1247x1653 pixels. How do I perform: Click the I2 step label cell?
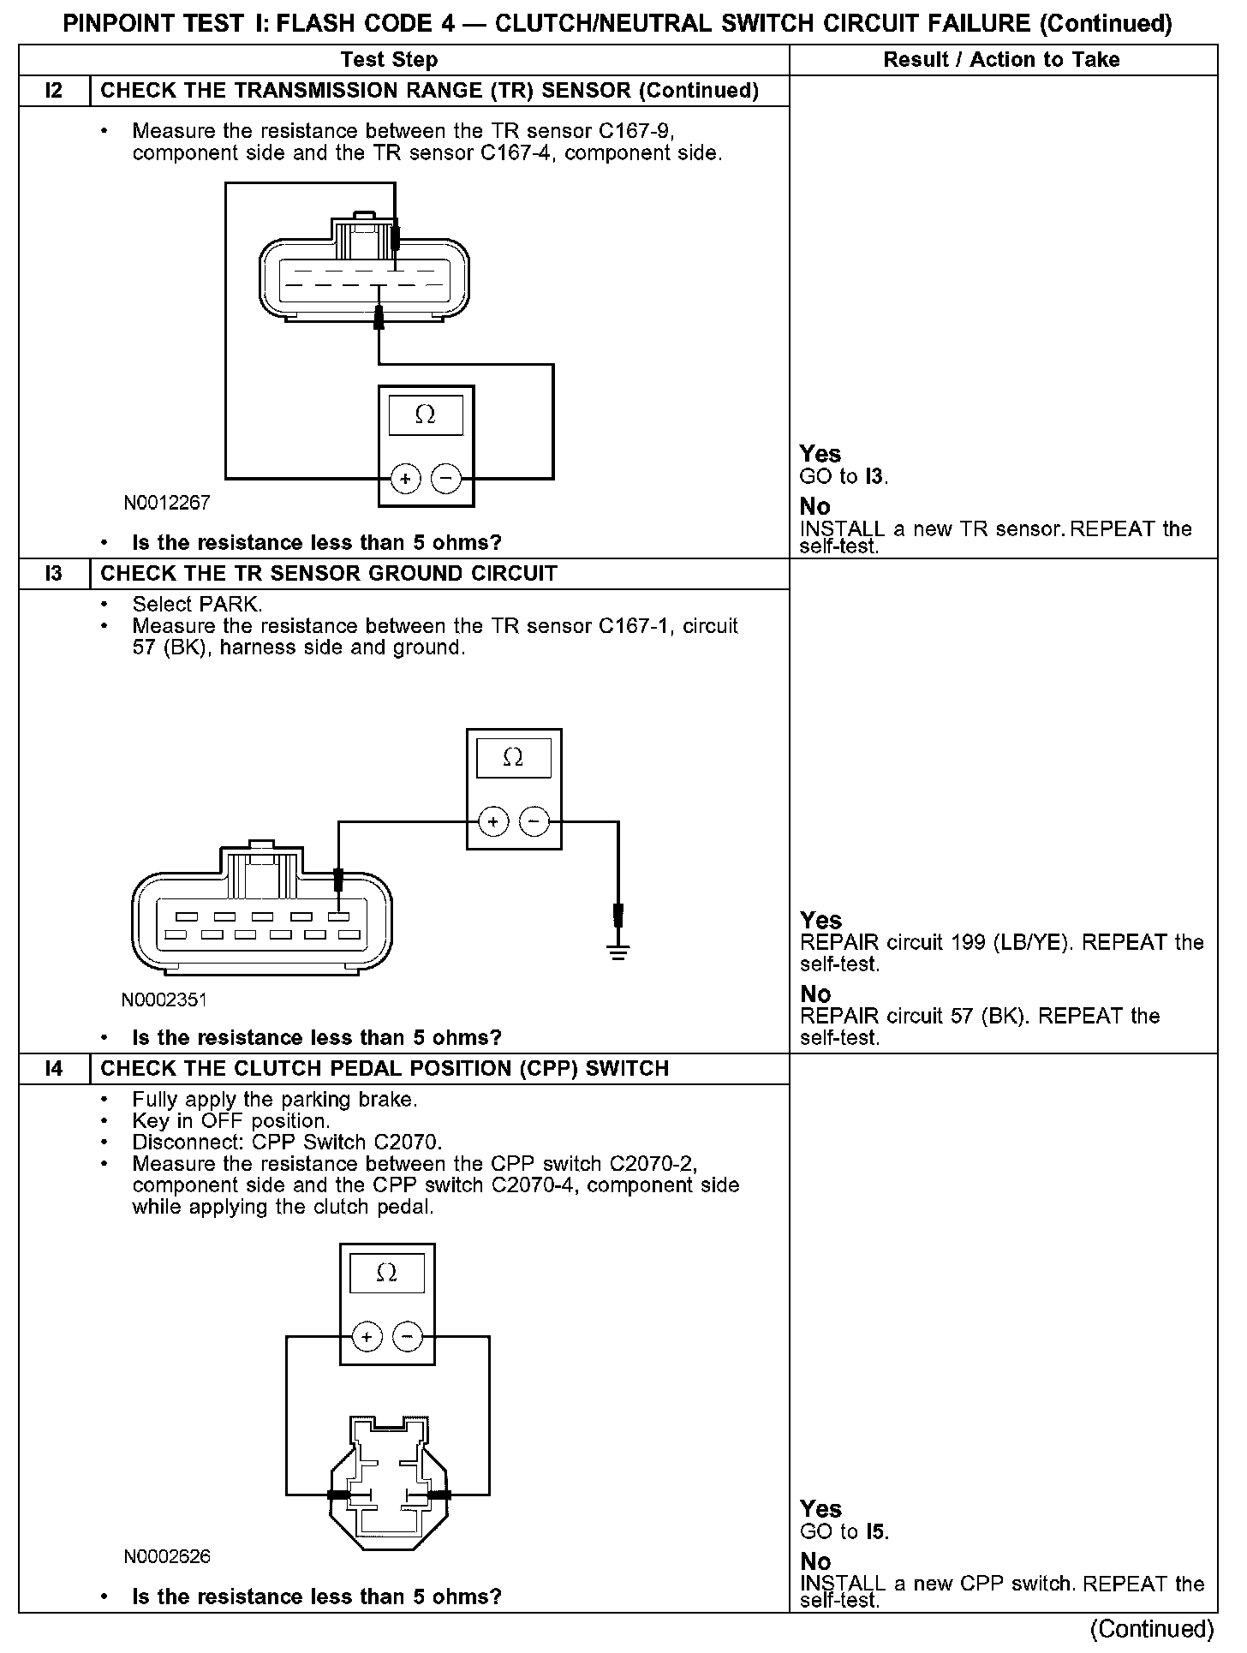pos(54,91)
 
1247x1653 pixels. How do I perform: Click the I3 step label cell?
pos(54,574)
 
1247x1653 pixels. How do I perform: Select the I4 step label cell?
pos(54,1069)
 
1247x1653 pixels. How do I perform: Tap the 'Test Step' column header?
pos(389,60)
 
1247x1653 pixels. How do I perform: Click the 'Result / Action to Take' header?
pos(1001,60)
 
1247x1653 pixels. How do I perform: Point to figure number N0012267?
pos(167,503)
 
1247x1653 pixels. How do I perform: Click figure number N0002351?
pos(164,1000)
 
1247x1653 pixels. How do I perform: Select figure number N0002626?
pos(167,1556)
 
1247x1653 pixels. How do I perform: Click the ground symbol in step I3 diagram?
pos(618,951)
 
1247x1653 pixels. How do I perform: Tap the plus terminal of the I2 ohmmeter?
pos(405,479)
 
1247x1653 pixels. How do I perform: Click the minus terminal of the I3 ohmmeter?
pos(534,822)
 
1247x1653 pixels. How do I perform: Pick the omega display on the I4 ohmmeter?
pos(387,1274)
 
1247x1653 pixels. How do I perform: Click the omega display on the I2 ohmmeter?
pos(426,416)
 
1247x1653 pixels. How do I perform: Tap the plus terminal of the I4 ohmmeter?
pos(367,1337)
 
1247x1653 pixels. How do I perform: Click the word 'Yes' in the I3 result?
pos(820,921)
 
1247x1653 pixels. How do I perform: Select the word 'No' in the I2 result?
pos(815,506)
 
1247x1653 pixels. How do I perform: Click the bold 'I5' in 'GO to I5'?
pos(875,1531)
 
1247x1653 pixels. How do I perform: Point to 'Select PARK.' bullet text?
pos(198,605)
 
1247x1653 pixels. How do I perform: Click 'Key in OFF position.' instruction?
pos(231,1120)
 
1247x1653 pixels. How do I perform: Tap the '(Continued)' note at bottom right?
pos(1153,1628)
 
